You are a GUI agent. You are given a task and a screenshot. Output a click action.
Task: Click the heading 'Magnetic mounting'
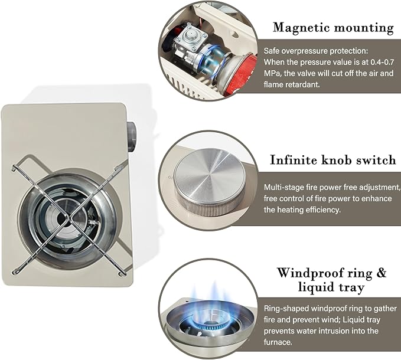pos(333,28)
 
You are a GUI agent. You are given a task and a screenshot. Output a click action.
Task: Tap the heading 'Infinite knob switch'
pos(333,160)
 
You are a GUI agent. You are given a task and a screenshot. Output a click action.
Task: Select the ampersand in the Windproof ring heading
pos(382,273)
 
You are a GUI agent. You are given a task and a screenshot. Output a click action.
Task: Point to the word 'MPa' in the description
pos(272,73)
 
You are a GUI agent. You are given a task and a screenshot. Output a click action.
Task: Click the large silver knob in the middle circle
pos(209,183)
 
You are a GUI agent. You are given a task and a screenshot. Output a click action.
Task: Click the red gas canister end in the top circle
pos(243,74)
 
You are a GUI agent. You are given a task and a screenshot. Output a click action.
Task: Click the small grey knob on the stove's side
pos(131,137)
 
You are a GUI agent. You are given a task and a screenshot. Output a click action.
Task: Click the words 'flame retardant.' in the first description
pos(292,84)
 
